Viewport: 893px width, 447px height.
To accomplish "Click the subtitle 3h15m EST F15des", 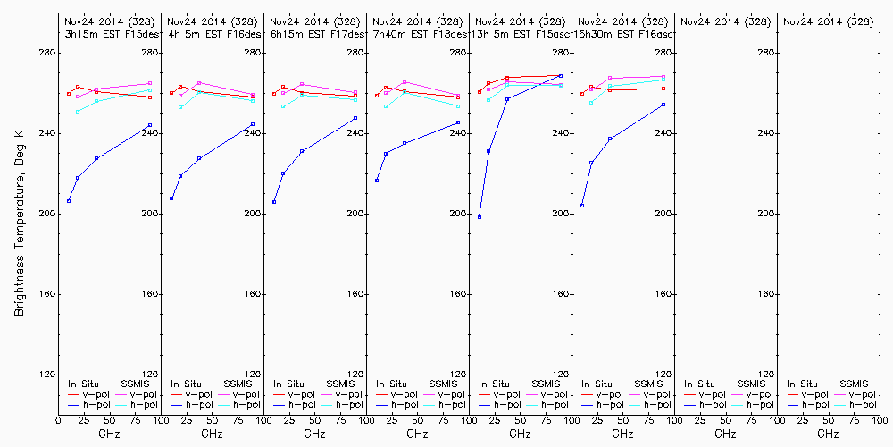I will tap(109, 33).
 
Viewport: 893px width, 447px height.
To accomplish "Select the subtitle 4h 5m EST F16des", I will tap(212, 33).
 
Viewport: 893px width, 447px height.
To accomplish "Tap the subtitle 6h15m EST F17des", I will tap(314, 33).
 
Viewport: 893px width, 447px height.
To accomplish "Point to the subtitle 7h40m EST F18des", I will tap(417, 33).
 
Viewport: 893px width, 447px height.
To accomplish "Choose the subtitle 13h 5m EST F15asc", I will tap(520, 33).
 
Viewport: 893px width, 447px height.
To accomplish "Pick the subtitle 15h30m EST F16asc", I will tap(622, 33).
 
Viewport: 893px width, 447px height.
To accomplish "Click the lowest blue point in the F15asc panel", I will tap(480, 217).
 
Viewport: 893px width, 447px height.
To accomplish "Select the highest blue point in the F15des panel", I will tap(150, 125).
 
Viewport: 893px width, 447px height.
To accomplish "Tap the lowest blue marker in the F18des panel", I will tap(377, 181).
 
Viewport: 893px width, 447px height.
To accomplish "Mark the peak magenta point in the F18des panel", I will tap(405, 82).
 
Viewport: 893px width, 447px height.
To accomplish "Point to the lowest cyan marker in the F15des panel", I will tap(78, 112).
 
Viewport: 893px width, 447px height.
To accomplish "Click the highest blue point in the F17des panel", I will tap(355, 118).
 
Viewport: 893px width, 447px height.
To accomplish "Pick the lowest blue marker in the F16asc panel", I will tap(582, 206).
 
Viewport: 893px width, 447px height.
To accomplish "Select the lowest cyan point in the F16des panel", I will tap(180, 107).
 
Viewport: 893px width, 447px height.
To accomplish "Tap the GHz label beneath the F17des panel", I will tap(314, 434).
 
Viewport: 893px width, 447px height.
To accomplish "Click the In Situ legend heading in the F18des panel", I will tap(391, 384).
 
